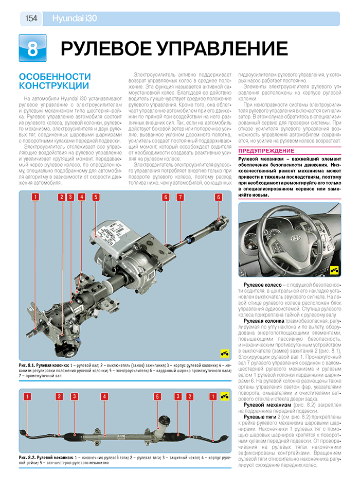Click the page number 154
coord(30,19)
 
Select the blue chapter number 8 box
coord(32,48)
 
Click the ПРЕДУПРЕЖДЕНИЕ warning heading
coord(265,150)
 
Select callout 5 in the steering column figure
coord(96,197)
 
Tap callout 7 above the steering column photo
coord(180,197)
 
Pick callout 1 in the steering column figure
coord(34,197)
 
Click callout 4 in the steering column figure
coord(81,197)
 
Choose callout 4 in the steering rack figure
coord(104,396)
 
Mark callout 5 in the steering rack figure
coord(157,396)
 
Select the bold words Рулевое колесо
coord(262,285)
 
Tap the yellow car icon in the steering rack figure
coord(224,395)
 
